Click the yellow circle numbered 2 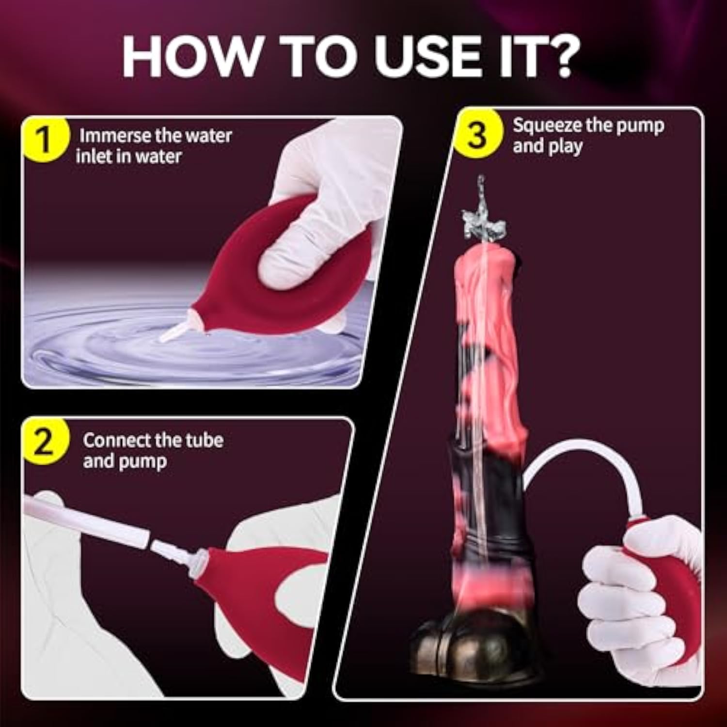[44, 443]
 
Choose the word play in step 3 [565, 147]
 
